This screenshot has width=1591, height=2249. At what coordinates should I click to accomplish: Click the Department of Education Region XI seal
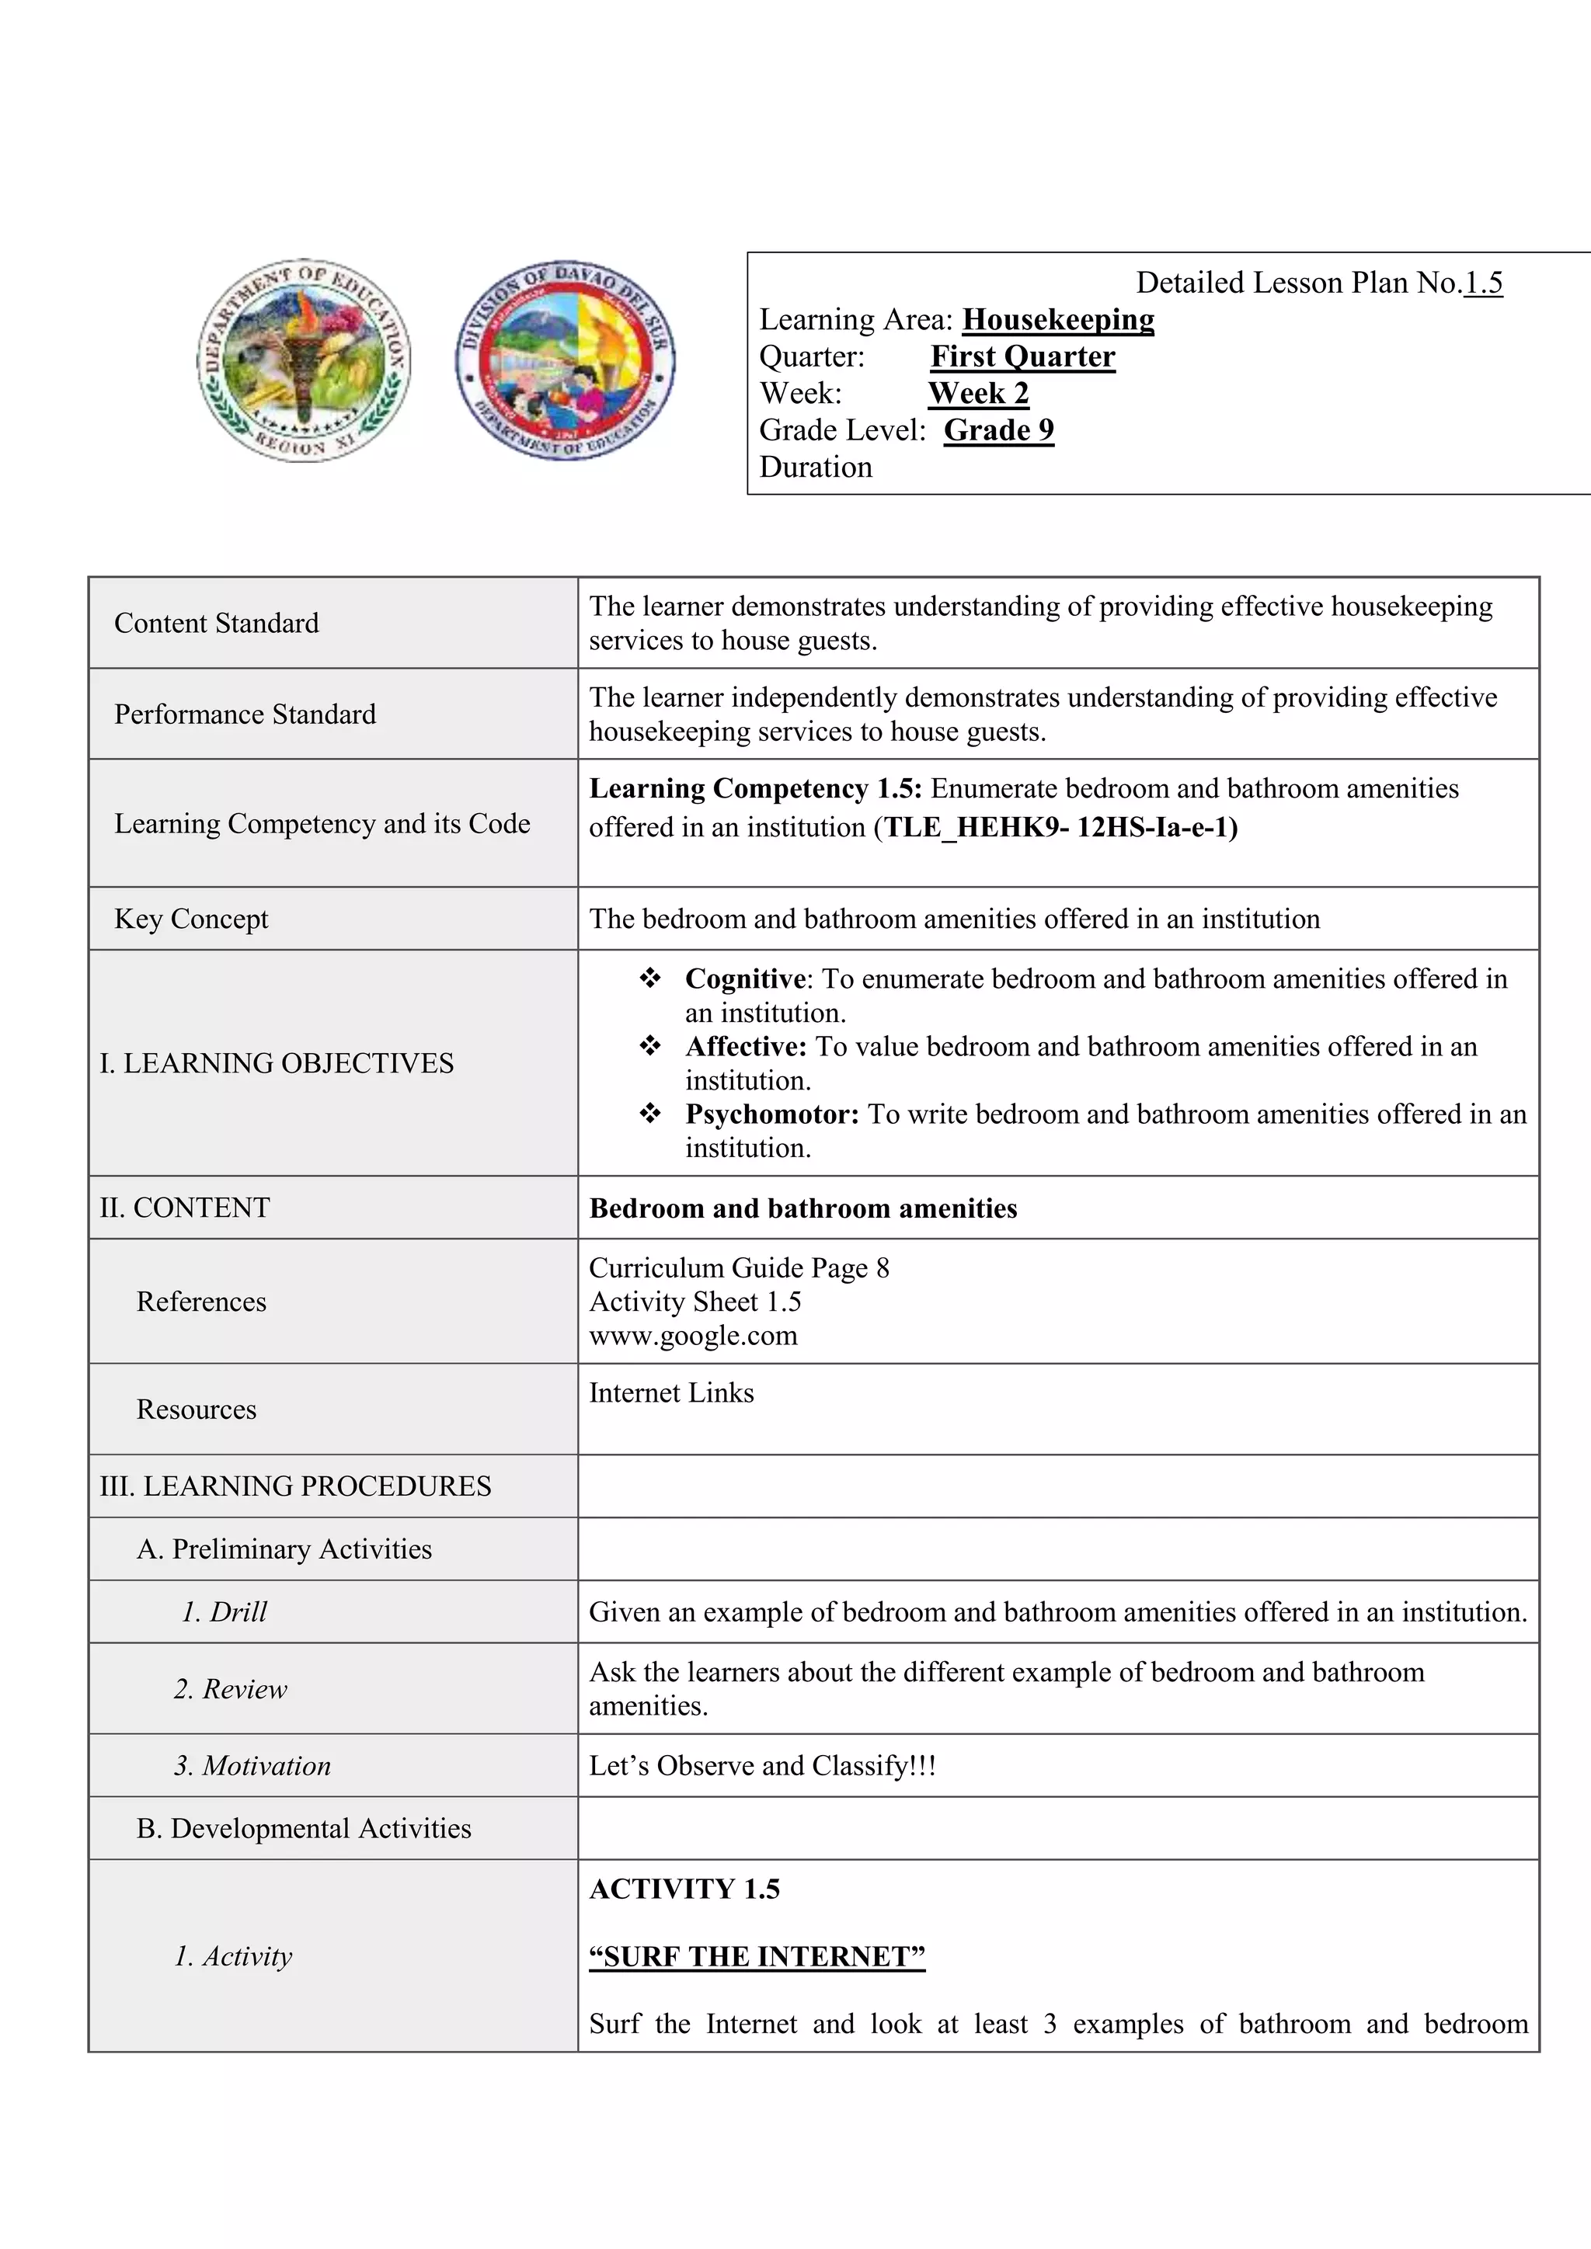pos(304,360)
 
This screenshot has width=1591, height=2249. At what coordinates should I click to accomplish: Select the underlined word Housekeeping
pos(1058,319)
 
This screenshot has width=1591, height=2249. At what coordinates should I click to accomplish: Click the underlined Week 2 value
pos(978,393)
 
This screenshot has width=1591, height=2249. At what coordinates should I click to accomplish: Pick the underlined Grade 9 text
pos(998,430)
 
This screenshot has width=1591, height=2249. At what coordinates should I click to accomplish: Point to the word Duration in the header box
pos(815,468)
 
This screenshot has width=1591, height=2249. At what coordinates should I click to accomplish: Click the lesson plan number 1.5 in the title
pos(1482,283)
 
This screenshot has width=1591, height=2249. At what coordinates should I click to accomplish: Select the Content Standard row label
pos(217,623)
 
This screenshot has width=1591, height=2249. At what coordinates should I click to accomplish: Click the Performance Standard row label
pos(245,714)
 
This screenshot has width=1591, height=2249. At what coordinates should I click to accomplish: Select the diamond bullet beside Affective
pos(649,1046)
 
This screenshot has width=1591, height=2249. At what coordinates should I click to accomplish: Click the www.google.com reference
pos(693,1335)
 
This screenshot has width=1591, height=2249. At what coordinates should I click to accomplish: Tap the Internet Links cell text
pos(671,1393)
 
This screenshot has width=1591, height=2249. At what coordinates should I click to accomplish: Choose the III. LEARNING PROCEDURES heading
pos(295,1486)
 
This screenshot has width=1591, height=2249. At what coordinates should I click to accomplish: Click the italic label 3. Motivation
pos(252,1766)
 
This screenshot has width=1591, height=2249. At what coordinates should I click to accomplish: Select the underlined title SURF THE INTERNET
pos(757,1956)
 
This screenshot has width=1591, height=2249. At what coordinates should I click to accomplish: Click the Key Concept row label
pos(191,919)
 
